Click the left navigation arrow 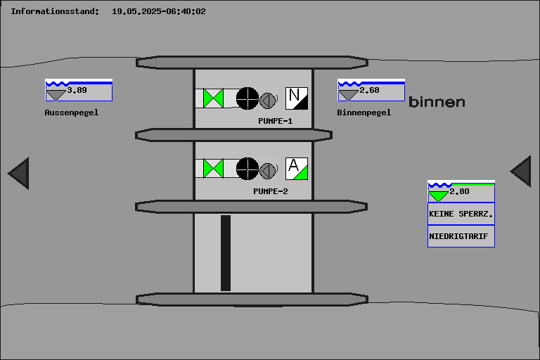pos(19,173)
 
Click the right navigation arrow pos(521,172)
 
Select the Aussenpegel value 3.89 pos(77,90)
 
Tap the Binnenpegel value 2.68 pos(370,90)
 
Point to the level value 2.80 pos(459,191)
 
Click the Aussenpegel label pos(72,112)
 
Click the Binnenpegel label pos(364,112)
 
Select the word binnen pos(437,102)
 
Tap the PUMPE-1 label pos(276,121)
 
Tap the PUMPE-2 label pos(271,191)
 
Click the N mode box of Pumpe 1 pos(297,98)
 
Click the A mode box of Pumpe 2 pos(297,169)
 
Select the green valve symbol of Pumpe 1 pos(213,98)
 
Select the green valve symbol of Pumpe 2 pos(213,169)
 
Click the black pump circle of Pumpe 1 pos(247,98)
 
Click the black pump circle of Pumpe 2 pos(247,169)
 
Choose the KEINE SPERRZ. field pos(461,214)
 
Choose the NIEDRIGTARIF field pos(461,236)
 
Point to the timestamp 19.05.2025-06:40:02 pos(159,11)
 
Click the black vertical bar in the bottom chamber pos(226,253)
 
